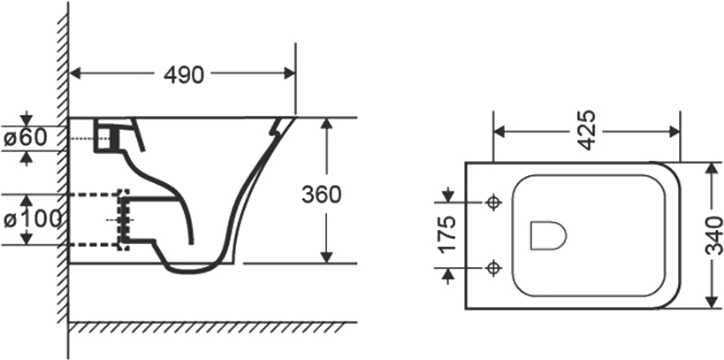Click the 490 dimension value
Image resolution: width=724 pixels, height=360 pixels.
(x=183, y=75)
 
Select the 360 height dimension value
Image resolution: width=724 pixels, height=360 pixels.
(x=322, y=194)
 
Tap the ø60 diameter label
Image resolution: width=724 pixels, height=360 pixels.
(x=26, y=137)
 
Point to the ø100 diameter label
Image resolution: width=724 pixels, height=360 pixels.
(x=33, y=219)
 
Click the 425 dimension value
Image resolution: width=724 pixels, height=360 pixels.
(x=586, y=130)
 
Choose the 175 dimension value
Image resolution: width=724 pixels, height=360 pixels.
(x=447, y=234)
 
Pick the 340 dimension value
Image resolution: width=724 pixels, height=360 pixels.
(x=715, y=235)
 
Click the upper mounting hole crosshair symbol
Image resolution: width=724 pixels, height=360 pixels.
(x=494, y=202)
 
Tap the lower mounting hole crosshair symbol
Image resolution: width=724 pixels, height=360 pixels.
(x=494, y=267)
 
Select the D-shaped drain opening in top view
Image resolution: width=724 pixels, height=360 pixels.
(x=548, y=234)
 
